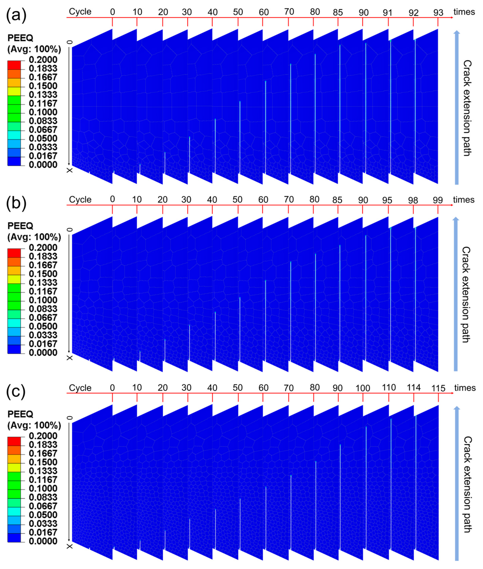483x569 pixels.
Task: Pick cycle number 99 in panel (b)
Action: click(x=438, y=200)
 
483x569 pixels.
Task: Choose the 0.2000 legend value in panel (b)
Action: click(x=43, y=248)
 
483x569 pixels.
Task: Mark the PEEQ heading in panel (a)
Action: click(x=20, y=38)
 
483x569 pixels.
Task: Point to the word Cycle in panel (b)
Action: click(x=80, y=200)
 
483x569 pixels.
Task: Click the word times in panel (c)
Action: click(x=465, y=388)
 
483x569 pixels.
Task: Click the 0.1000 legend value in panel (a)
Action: click(x=43, y=112)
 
